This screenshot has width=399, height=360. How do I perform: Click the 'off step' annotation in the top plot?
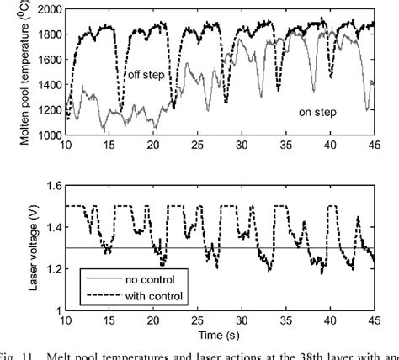pyautogui.click(x=147, y=74)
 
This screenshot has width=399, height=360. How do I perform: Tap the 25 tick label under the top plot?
pyautogui.click(x=198, y=146)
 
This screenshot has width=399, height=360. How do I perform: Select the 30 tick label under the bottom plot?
pyautogui.click(x=242, y=322)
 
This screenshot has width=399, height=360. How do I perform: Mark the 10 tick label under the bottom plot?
pyautogui.click(x=66, y=322)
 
